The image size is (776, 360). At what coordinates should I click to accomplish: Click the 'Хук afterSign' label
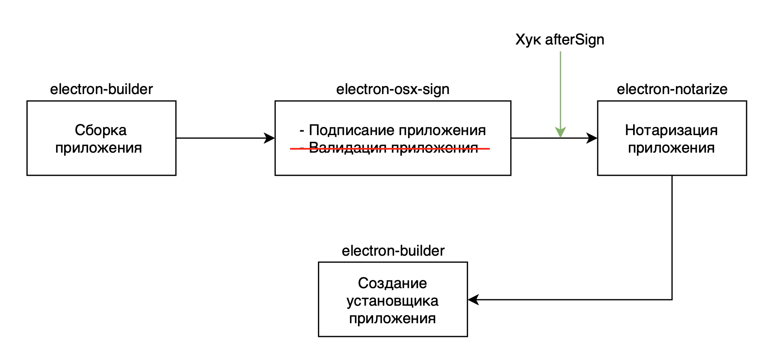point(560,40)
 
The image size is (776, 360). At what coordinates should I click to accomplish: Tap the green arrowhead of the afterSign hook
point(560,133)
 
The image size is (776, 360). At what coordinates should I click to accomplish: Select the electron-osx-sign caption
point(393,89)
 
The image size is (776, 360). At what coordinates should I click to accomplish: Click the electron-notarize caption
point(672,89)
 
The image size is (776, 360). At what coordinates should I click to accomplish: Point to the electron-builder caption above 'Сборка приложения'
point(101,89)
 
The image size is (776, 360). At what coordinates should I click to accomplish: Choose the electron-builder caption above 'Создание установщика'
point(393,251)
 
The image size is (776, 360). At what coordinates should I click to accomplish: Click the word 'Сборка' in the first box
point(101,130)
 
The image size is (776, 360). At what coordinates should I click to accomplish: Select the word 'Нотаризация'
point(671,130)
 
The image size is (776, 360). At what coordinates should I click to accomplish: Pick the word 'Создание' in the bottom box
point(392,283)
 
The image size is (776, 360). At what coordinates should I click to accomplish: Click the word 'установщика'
point(392,301)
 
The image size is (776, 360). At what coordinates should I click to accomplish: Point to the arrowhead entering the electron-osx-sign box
point(270,138)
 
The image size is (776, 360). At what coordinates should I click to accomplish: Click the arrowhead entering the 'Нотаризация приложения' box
point(592,138)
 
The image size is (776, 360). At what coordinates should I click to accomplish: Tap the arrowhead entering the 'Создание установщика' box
point(473,300)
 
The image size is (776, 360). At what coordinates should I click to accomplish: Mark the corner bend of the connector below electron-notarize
point(672,300)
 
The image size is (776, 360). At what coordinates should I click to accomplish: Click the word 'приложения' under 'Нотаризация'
point(671,148)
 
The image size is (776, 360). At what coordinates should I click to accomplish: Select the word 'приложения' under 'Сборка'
point(98,148)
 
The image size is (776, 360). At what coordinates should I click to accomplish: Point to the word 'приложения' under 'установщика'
point(392,319)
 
